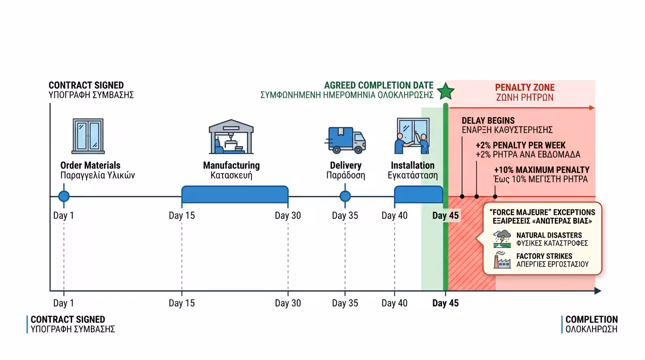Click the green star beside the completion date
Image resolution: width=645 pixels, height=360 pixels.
pyautogui.click(x=445, y=91)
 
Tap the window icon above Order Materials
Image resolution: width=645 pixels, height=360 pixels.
pyautogui.click(x=88, y=136)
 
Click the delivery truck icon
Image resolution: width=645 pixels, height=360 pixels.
pyautogui.click(x=345, y=140)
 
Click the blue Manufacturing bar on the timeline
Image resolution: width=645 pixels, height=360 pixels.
pyautogui.click(x=235, y=194)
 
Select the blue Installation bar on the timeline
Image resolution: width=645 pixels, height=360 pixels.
pyautogui.click(x=419, y=194)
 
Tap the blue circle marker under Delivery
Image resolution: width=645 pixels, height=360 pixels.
pyautogui.click(x=345, y=196)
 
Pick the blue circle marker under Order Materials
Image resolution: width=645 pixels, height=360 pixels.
pyautogui.click(x=64, y=196)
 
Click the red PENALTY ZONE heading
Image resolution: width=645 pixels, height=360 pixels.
pyautogui.click(x=525, y=88)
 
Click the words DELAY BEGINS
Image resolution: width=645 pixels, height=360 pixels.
pyautogui.click(x=488, y=120)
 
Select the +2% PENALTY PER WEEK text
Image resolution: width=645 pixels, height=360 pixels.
pyautogui.click(x=520, y=145)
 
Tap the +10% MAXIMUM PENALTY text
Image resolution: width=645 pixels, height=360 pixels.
pyautogui.click(x=541, y=170)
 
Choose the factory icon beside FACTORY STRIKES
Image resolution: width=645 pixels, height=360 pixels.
pyautogui.click(x=502, y=260)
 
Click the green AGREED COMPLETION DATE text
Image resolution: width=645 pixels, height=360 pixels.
pyautogui.click(x=379, y=85)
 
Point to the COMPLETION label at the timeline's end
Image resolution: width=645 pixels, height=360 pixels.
pyautogui.click(x=592, y=320)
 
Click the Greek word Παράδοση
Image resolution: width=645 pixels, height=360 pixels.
pyautogui.click(x=345, y=176)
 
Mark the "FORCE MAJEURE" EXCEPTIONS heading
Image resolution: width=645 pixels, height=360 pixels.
pyautogui.click(x=542, y=212)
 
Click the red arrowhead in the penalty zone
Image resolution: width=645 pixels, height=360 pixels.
pyautogui.click(x=592, y=108)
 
